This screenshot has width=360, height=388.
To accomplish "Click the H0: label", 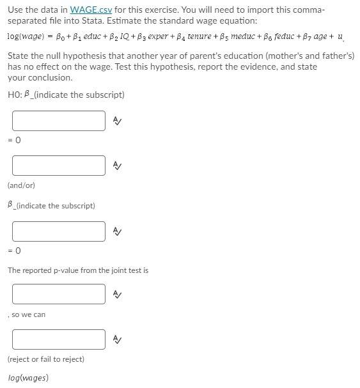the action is (15, 95).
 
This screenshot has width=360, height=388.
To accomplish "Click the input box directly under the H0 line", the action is (58, 120).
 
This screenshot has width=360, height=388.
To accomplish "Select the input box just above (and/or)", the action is (58, 166).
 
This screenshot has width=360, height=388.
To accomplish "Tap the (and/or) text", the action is (21, 185).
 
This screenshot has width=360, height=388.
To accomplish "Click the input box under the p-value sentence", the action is (58, 294).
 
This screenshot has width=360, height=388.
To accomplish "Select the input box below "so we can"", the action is (58, 339).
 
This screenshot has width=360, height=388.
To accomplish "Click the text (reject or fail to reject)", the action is (46, 359).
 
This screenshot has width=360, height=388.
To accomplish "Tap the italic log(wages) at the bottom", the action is (28, 378).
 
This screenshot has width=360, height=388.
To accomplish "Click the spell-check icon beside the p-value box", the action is (117, 294).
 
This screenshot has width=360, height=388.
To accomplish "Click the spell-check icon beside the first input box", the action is (117, 120).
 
